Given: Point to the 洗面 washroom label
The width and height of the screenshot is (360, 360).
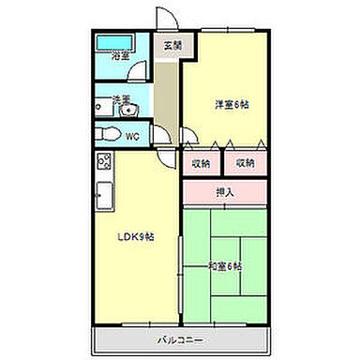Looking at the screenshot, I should tap(121, 98).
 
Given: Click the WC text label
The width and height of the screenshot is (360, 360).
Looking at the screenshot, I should tap(132, 136).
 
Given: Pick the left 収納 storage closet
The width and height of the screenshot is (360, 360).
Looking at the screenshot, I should tap(201, 162).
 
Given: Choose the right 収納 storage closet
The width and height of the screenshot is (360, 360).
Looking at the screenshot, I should tap(245, 162).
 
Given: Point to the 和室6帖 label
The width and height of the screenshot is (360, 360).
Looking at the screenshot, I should tap(225, 267).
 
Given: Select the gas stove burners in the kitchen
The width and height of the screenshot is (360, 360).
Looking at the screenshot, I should tap(103, 161).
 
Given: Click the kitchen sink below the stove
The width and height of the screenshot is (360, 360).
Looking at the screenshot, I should tap(103, 197).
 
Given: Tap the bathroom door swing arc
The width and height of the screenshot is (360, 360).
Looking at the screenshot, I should tap(140, 75).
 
